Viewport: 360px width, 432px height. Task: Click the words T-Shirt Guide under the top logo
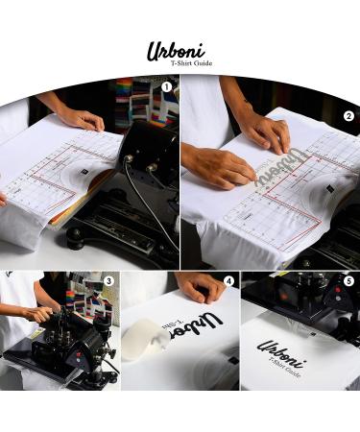tap(191, 63)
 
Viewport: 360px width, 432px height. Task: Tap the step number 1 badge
tap(166, 86)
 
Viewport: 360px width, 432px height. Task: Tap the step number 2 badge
tap(348, 116)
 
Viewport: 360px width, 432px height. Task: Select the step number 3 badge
tap(108, 281)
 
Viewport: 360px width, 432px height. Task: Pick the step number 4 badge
tap(228, 281)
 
